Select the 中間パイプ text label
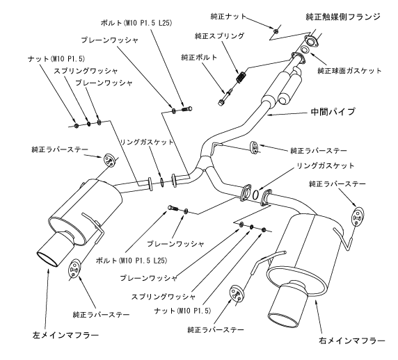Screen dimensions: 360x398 pyautogui.click(x=329, y=111)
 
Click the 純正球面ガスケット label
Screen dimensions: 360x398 pyautogui.click(x=352, y=70)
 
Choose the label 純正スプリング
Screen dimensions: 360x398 pyautogui.click(x=220, y=34)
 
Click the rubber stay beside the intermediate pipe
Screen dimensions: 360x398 pyautogui.click(x=255, y=147)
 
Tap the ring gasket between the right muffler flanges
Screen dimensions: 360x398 pyautogui.click(x=257, y=195)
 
